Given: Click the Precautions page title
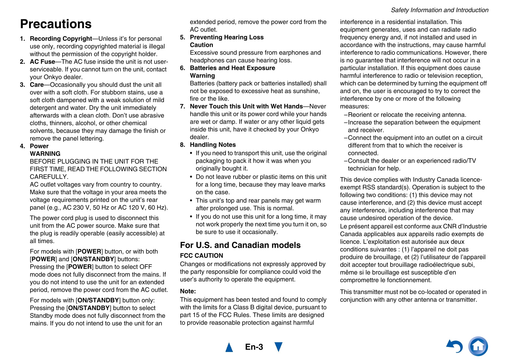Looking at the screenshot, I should [56, 24].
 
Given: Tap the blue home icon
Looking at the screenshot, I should [478, 346].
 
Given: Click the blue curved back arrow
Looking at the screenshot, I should [455, 346].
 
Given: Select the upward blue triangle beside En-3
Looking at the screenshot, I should [229, 347].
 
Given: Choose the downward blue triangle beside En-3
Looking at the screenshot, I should [278, 347].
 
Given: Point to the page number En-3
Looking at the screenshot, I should [254, 347].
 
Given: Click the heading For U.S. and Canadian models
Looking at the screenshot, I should [240, 245].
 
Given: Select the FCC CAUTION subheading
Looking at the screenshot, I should [201, 256].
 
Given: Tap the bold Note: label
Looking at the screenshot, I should [188, 291].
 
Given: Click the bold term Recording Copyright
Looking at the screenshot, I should [61, 39].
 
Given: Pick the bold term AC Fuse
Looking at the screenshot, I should [43, 62].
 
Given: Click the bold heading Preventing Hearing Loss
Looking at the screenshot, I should [227, 37].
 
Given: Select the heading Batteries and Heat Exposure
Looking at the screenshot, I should [232, 68].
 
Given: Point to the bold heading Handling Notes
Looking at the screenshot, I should [213, 145].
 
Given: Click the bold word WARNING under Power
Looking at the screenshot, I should [45, 154].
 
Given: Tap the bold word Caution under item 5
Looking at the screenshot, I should [201, 45].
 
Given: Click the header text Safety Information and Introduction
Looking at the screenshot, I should [439, 10].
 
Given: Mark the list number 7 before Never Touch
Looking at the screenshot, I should [182, 106].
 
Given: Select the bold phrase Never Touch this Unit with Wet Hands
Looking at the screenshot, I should [246, 106].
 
